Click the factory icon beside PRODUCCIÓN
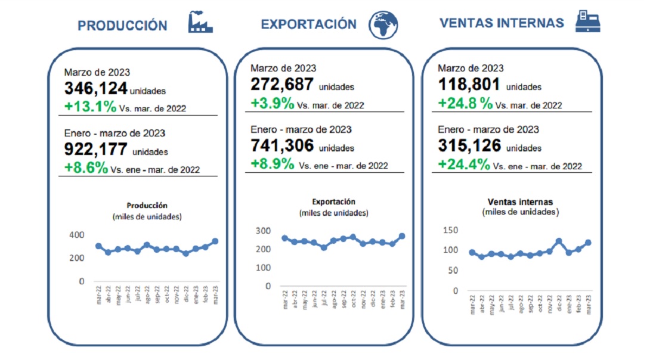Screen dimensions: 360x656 (200, 22)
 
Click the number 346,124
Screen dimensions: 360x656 (95, 89)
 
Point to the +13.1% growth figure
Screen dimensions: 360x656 (90, 107)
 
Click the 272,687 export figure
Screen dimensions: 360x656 (281, 85)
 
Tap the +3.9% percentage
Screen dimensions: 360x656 (273, 103)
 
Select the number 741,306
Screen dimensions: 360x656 (281, 146)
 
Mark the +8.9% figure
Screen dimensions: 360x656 (273, 164)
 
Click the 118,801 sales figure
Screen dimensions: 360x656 (469, 85)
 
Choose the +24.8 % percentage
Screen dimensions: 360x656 (466, 103)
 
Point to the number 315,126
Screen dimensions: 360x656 (469, 146)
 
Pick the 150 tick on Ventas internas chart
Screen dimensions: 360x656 (451, 230)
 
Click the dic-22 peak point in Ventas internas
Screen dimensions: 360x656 (559, 241)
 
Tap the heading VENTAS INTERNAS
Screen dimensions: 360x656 (502, 23)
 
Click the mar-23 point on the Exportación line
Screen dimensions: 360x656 (401, 236)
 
